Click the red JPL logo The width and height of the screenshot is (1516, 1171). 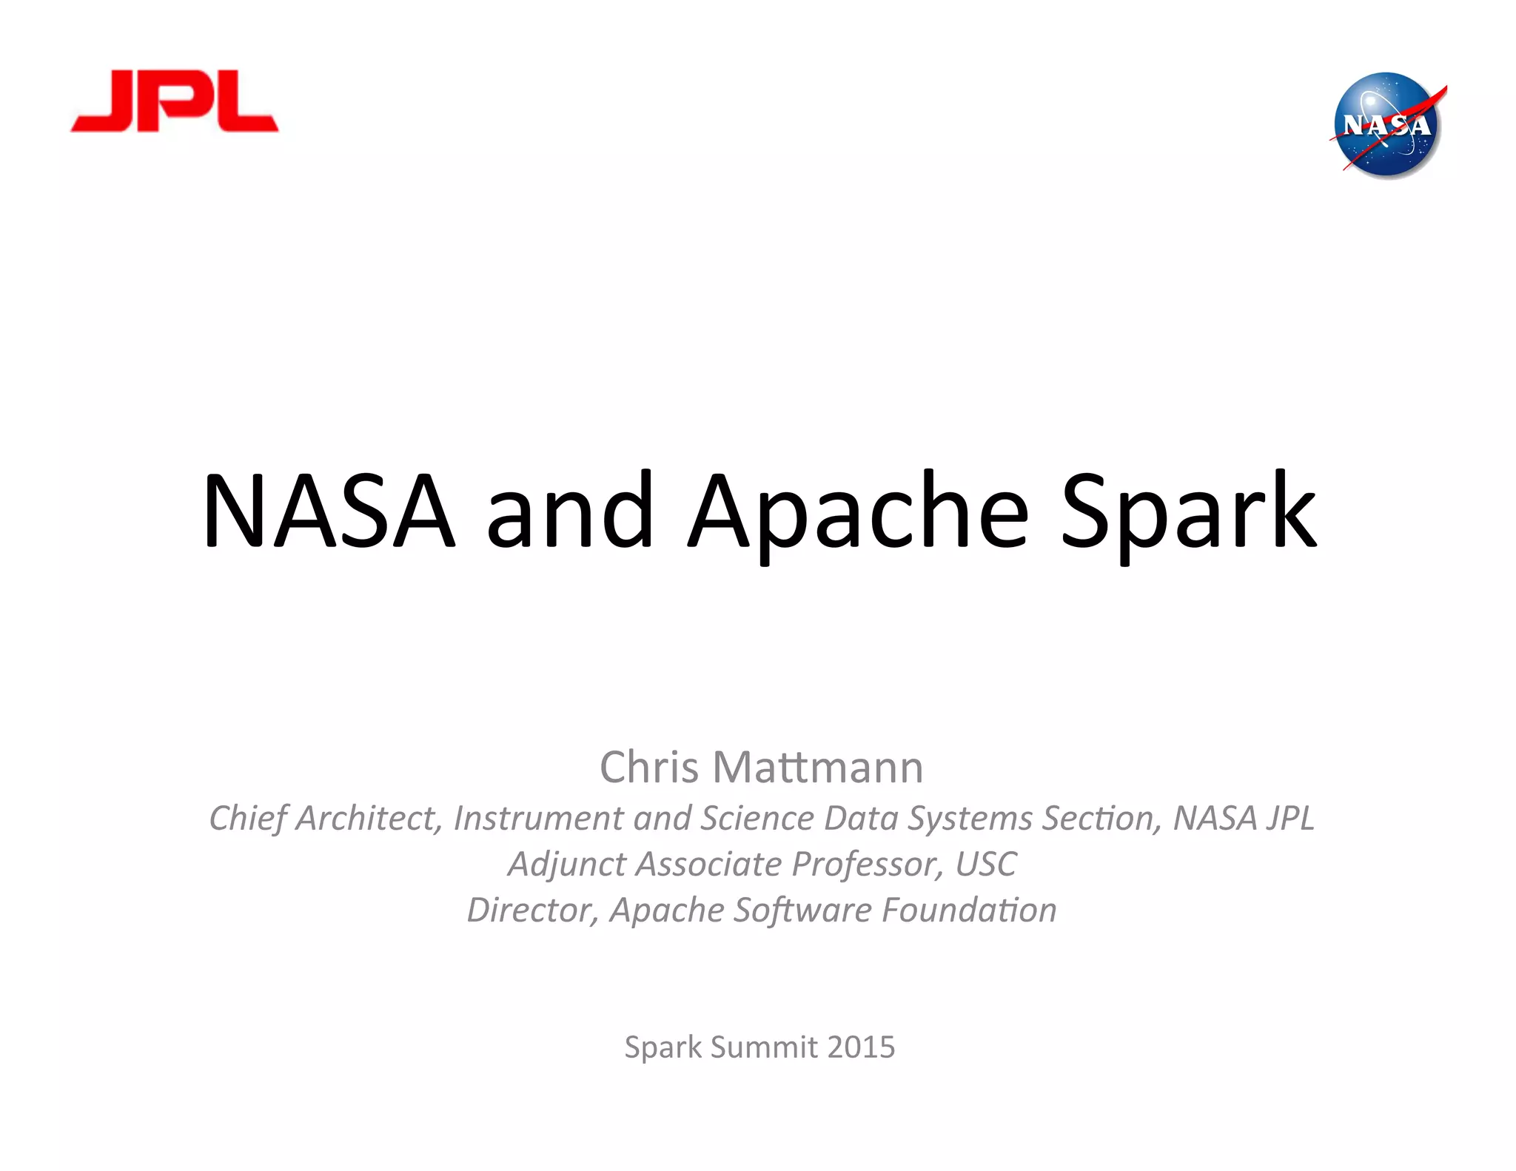point(175,102)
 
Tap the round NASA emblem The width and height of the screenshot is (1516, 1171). point(1386,125)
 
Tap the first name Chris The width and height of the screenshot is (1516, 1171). point(648,767)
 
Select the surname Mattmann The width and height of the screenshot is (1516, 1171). point(818,767)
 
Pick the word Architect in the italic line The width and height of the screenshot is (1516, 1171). point(369,819)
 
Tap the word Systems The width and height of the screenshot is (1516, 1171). point(970,819)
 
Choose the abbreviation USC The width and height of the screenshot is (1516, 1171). point(986,865)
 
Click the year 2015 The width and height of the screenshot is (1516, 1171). point(861,1047)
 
